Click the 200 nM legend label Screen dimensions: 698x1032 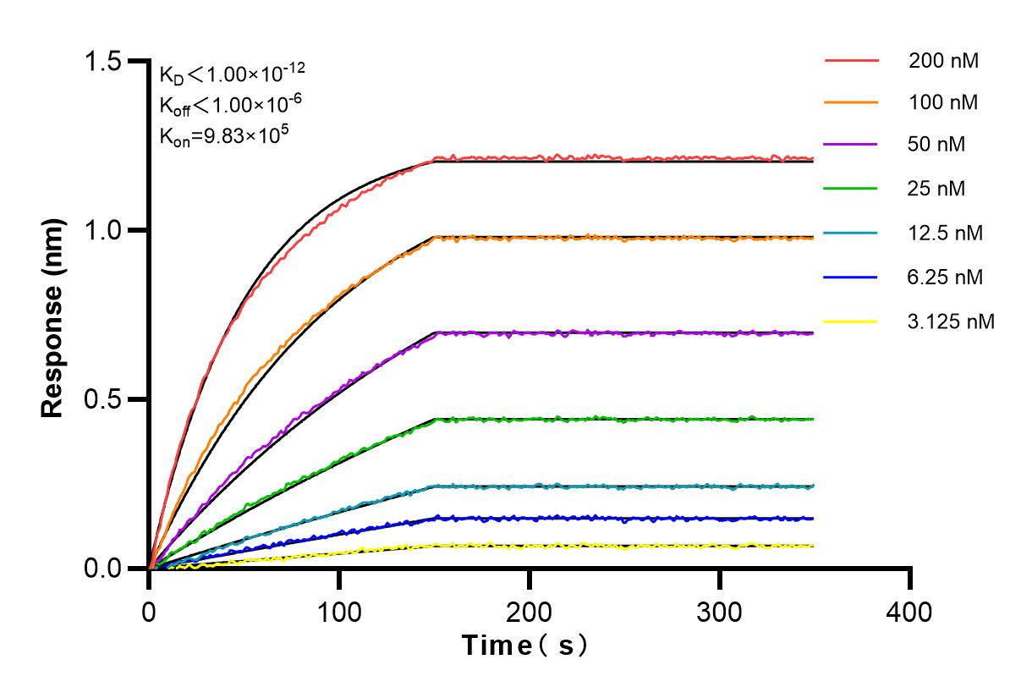[x=943, y=60]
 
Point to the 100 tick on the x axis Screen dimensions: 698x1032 [x=339, y=611]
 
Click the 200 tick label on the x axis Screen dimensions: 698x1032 [x=530, y=611]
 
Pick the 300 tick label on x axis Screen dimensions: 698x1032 [x=720, y=611]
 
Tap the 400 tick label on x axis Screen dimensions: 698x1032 [x=910, y=611]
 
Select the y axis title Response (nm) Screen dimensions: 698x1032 [x=53, y=315]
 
